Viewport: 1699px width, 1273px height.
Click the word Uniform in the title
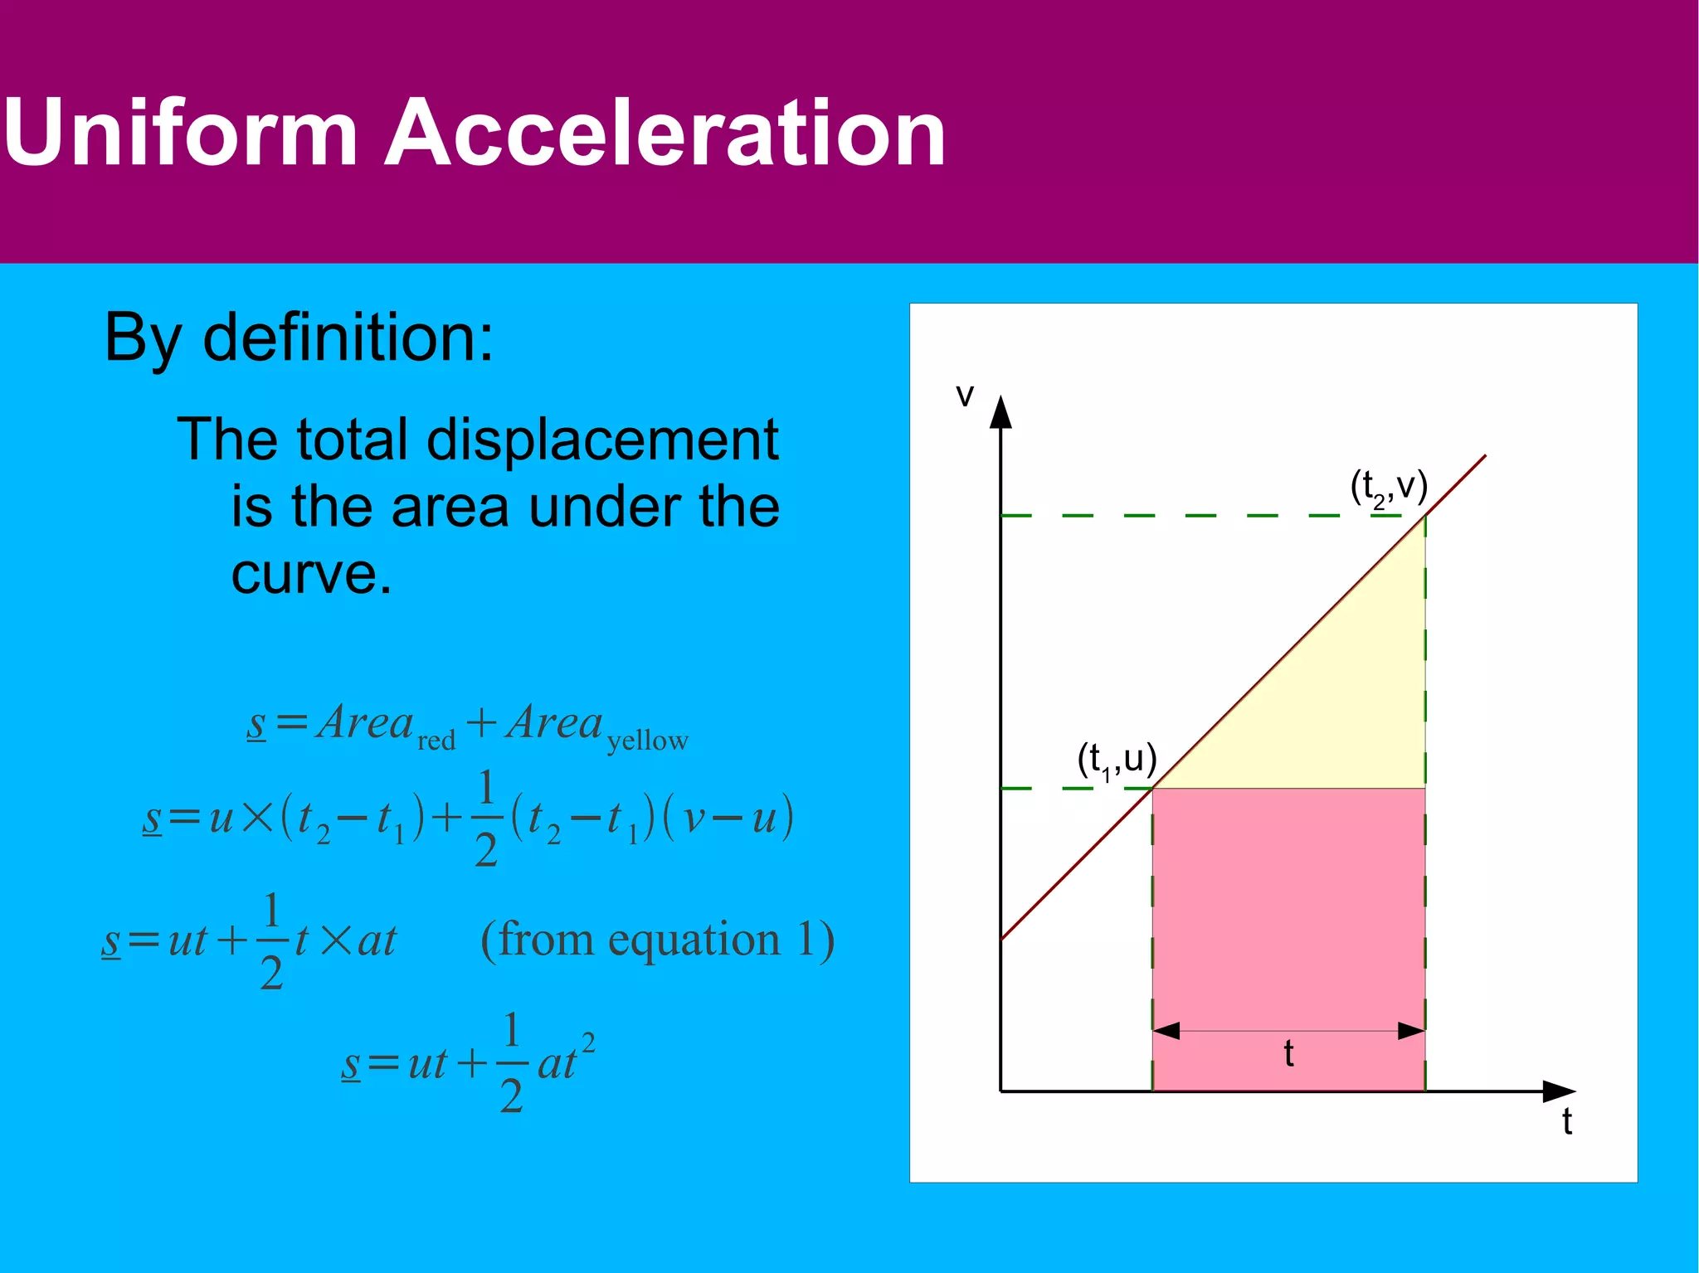pos(181,133)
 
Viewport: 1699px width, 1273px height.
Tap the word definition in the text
pos(348,338)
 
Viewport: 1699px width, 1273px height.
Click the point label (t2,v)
pos(1389,488)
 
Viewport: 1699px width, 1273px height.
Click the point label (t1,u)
pos(1117,760)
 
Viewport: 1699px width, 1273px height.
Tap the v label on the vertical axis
pos(964,396)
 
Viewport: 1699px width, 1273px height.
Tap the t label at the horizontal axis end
pos(1567,1122)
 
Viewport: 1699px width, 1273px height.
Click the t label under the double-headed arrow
pos(1288,1054)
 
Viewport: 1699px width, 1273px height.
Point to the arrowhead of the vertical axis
pos(1001,411)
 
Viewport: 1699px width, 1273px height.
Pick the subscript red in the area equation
pos(436,740)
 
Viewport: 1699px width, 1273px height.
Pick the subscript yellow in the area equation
pos(647,740)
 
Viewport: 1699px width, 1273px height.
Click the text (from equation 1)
pos(657,940)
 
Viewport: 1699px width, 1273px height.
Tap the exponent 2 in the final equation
pos(588,1042)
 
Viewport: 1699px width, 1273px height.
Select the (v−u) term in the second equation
pos(728,818)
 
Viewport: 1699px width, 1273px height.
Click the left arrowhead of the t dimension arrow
pos(1166,1031)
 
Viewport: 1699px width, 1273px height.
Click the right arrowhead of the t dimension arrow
pos(1412,1031)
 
